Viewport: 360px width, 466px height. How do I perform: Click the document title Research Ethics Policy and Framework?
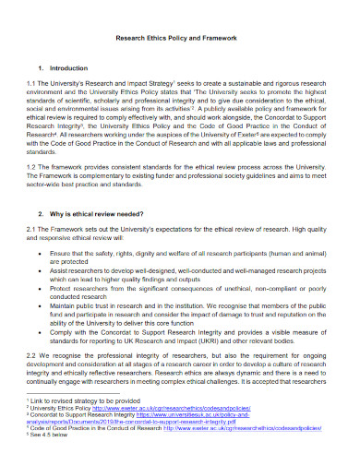tap(180, 39)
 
